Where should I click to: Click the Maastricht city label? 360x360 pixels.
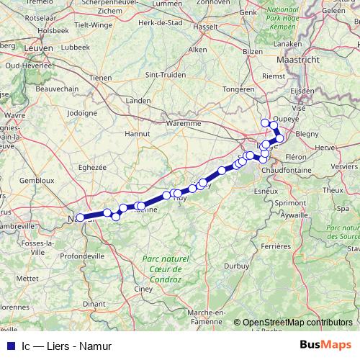[x=303, y=60]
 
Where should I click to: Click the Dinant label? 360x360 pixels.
[x=94, y=304]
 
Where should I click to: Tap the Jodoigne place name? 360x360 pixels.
[x=81, y=113]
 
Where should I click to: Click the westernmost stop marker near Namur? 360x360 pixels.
[x=80, y=217]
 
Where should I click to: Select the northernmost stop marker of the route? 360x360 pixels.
[x=265, y=122]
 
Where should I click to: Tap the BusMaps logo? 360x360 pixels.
[x=325, y=345]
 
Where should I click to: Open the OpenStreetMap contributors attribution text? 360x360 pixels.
[x=297, y=323]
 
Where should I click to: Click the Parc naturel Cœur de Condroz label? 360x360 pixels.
[x=165, y=264]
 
